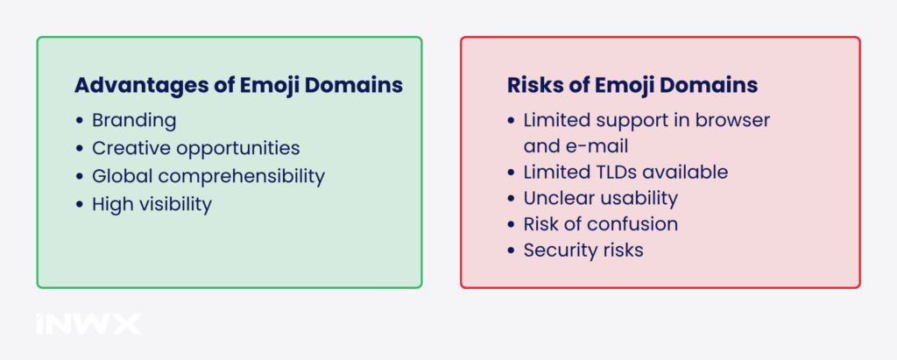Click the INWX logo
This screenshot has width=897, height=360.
point(88,324)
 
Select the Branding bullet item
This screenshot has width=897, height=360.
point(134,120)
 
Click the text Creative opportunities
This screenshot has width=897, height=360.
point(195,148)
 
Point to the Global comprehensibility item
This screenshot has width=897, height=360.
point(208,176)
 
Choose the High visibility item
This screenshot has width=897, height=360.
point(152,204)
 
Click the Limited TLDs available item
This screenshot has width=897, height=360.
point(625,173)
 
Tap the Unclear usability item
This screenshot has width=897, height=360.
point(600,198)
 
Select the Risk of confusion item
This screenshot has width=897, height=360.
point(600,224)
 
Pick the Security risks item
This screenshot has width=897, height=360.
point(583,250)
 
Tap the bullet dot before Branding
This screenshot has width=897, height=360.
point(81,121)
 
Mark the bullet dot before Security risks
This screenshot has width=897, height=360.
point(512,251)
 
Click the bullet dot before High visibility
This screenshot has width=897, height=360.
point(81,205)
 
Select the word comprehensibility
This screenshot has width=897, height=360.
point(246,176)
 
